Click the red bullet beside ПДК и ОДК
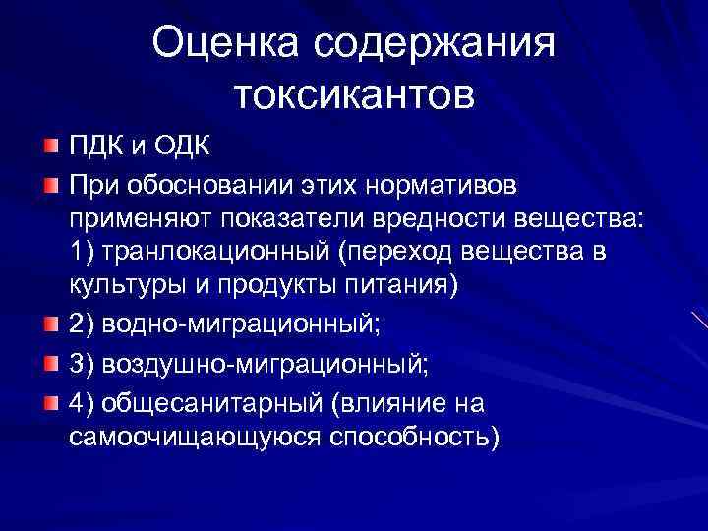50,147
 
